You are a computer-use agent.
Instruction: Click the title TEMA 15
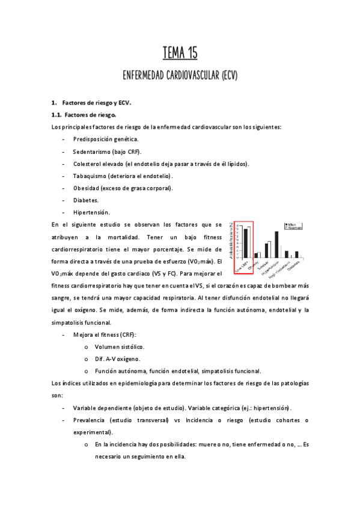click(180, 54)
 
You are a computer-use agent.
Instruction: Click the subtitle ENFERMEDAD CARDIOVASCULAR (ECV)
click(180, 76)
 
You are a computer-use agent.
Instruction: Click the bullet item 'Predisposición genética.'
click(105, 139)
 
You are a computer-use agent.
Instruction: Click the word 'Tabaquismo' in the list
click(90, 176)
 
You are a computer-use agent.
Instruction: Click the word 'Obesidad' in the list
click(88, 188)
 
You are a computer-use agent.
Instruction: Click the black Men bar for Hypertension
click(276, 244)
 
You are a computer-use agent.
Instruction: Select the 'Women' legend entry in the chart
click(293, 228)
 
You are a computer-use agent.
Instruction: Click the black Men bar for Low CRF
click(245, 243)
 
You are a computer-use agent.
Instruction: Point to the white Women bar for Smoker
click(269, 249)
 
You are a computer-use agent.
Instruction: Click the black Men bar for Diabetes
click(296, 254)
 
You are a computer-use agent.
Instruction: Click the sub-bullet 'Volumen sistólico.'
click(119, 347)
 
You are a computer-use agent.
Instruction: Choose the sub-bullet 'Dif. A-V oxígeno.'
click(118, 359)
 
